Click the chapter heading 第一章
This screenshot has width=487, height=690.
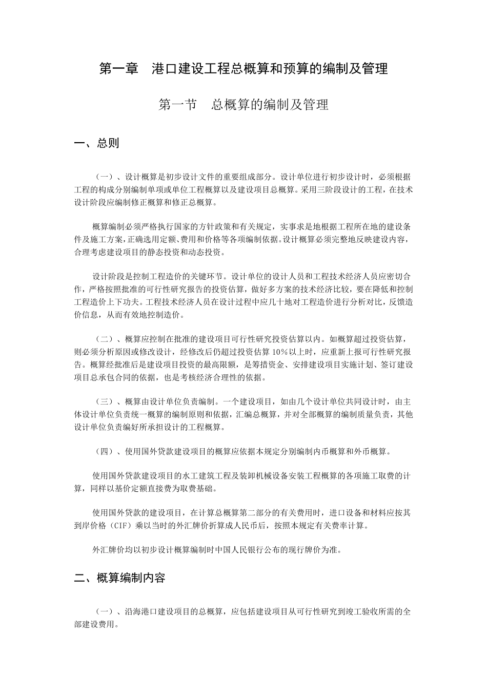(119, 68)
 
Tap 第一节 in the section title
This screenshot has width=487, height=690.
(177, 105)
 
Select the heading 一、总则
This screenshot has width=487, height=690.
(96, 143)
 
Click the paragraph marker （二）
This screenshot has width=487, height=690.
(105, 339)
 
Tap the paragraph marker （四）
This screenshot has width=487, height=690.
(105, 451)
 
